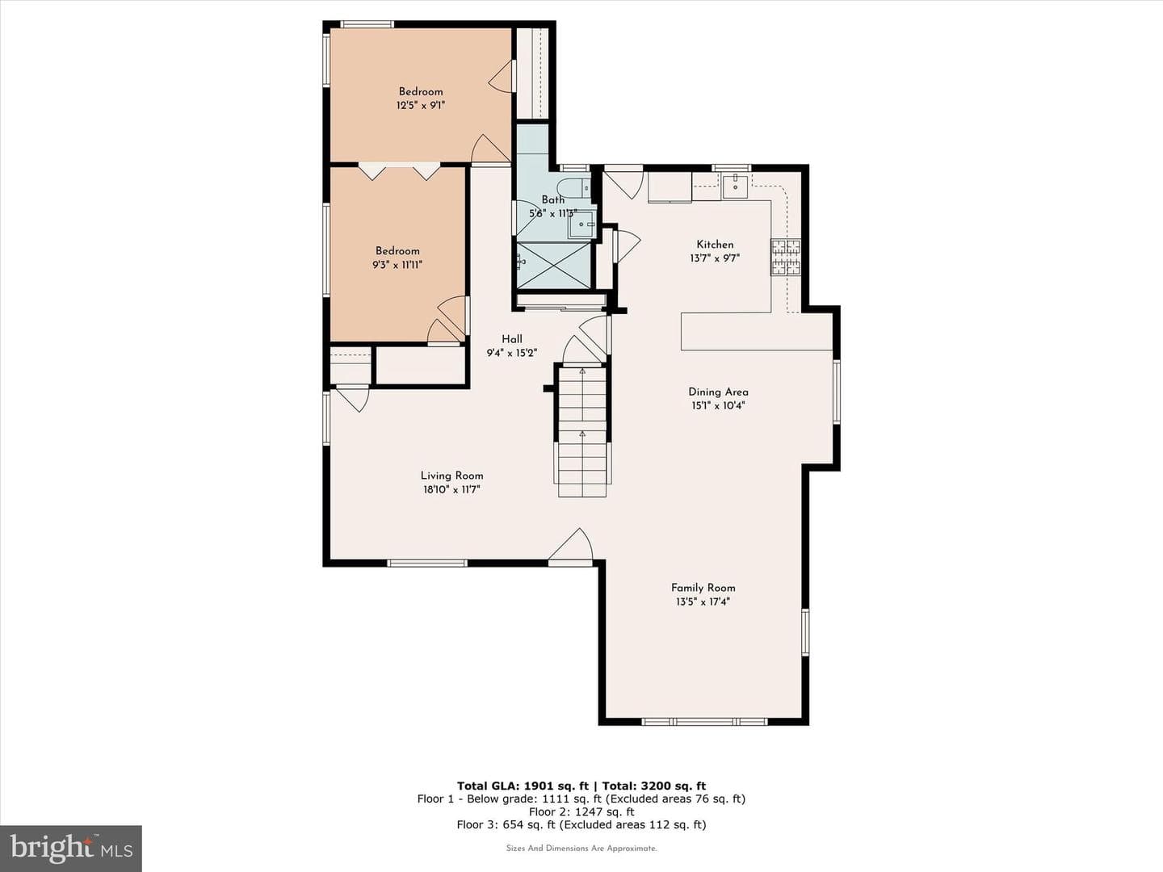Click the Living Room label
click(x=451, y=476)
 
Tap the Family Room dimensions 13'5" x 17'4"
click(x=703, y=602)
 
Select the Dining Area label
click(x=718, y=392)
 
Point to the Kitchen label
click(x=715, y=245)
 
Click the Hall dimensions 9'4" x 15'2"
click(x=512, y=353)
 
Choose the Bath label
click(x=552, y=200)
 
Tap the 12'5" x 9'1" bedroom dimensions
click(x=420, y=105)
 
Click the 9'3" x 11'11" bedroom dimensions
click(x=397, y=265)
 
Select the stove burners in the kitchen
click(x=785, y=258)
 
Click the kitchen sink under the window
click(x=736, y=186)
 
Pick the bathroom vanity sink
click(x=582, y=225)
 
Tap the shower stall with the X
click(x=553, y=266)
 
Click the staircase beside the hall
click(x=582, y=431)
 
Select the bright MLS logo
click(x=70, y=848)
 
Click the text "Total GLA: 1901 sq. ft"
click(x=523, y=786)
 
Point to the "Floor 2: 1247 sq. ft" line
click(x=581, y=811)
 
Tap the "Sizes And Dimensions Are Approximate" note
click(x=581, y=848)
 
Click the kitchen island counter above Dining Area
click(x=757, y=331)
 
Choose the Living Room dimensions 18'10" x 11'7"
click(x=451, y=490)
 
